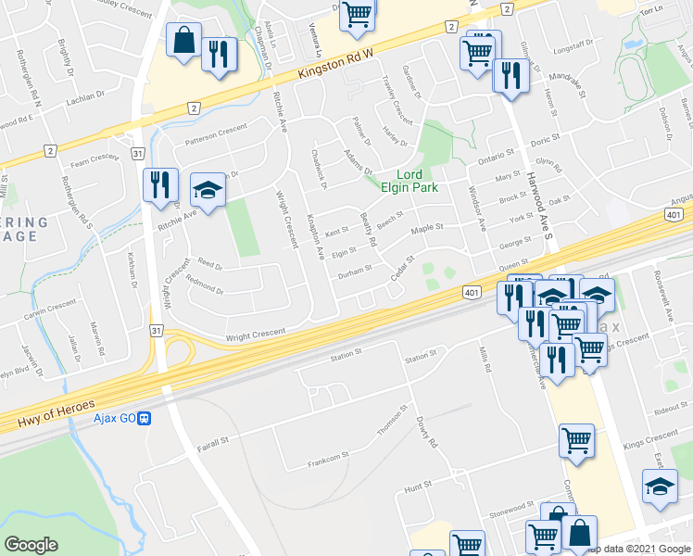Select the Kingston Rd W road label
(333, 65)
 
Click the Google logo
(31, 544)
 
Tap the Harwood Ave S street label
(537, 194)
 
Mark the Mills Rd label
(483, 361)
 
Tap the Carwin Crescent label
(49, 306)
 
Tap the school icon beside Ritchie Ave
(208, 192)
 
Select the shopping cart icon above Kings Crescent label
(576, 441)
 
